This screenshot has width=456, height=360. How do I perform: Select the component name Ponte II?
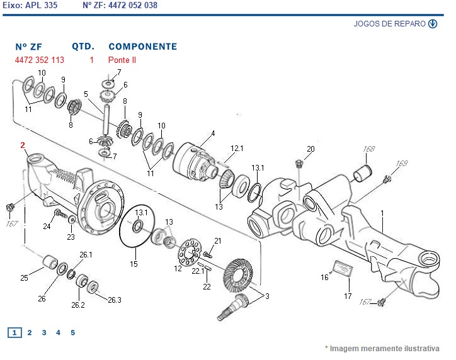pos(122,60)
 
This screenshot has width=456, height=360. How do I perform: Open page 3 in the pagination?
pos(43,333)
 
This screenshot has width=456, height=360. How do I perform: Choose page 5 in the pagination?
pos(72,333)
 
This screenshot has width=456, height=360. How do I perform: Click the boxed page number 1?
pos(15,333)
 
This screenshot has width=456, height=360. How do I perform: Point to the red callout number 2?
pos(23,145)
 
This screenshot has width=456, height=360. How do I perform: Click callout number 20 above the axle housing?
pos(310,149)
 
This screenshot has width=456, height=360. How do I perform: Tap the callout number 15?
pos(134,264)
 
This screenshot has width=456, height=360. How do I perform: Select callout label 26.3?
pos(114,300)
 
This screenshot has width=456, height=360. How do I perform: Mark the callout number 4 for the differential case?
pos(213,133)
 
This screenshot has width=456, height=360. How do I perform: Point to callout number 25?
pos(24,278)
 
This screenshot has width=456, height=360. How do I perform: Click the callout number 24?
pos(47,226)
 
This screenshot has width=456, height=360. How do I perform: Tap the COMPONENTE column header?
pos(142,47)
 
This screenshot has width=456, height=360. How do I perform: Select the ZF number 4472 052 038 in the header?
pos(133,5)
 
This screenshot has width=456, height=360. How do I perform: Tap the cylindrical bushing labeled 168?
pos(362,172)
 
